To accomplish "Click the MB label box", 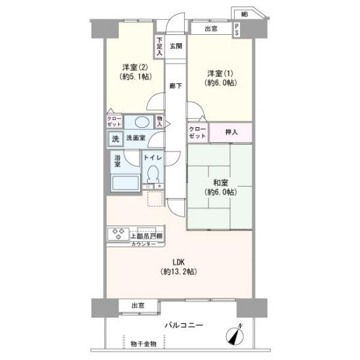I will click(x=244, y=13).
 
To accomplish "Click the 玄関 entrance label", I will click(x=176, y=46).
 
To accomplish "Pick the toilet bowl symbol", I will click(x=153, y=175).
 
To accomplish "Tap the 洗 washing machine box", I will click(x=115, y=138).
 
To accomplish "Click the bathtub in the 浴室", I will click(x=125, y=184).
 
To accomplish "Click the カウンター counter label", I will click(x=144, y=244).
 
